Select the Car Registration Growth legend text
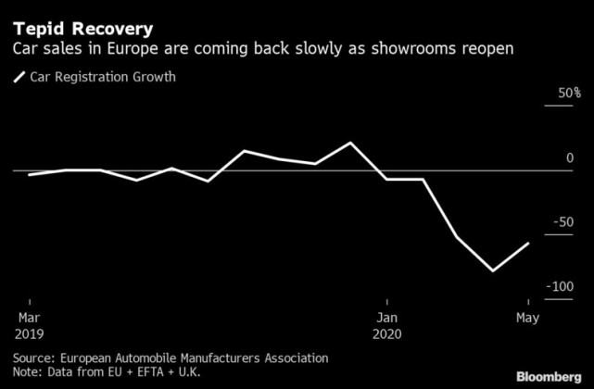point(103,77)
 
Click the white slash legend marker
point(19,77)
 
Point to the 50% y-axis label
point(567,94)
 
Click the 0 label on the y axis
point(570,159)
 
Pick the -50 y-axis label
point(564,223)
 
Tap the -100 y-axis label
point(562,287)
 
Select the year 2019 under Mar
point(28,332)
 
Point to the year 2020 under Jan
point(388,332)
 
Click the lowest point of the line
point(493,271)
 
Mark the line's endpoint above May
point(528,244)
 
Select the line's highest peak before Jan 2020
point(350,143)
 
